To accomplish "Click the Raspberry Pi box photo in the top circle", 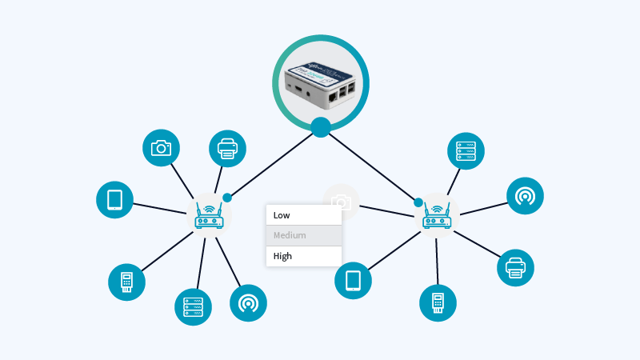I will coord(321,82).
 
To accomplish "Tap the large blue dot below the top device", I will coord(321,127).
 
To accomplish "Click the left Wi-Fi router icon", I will coord(210,215).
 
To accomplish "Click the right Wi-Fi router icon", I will coord(438,215).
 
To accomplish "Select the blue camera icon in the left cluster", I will coord(161,148).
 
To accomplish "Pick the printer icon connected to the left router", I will coord(227,148).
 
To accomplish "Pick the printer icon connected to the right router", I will coord(515,267).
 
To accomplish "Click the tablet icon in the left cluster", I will coord(114,200).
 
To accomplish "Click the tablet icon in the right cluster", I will coord(353,281).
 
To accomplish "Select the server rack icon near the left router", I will coord(193,306).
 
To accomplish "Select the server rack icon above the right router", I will coord(466,150).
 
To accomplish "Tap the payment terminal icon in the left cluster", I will coord(126,282).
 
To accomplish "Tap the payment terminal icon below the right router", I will coord(438,302).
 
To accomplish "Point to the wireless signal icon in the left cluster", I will coord(248,303).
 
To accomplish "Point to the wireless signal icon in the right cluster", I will coord(525,196).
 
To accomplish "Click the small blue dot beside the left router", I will coord(227,198).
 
